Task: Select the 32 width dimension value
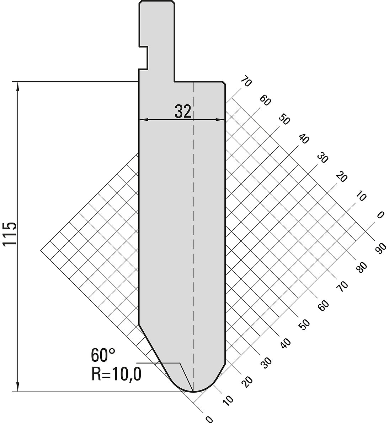click(182, 112)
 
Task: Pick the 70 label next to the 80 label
click(342, 286)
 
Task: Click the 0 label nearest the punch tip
click(209, 420)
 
